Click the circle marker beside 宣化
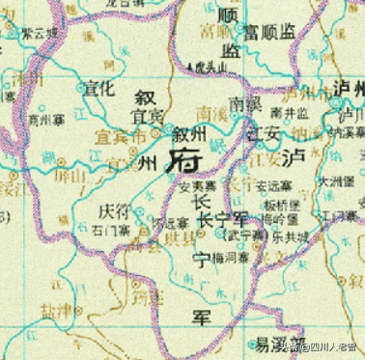point(79,89)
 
